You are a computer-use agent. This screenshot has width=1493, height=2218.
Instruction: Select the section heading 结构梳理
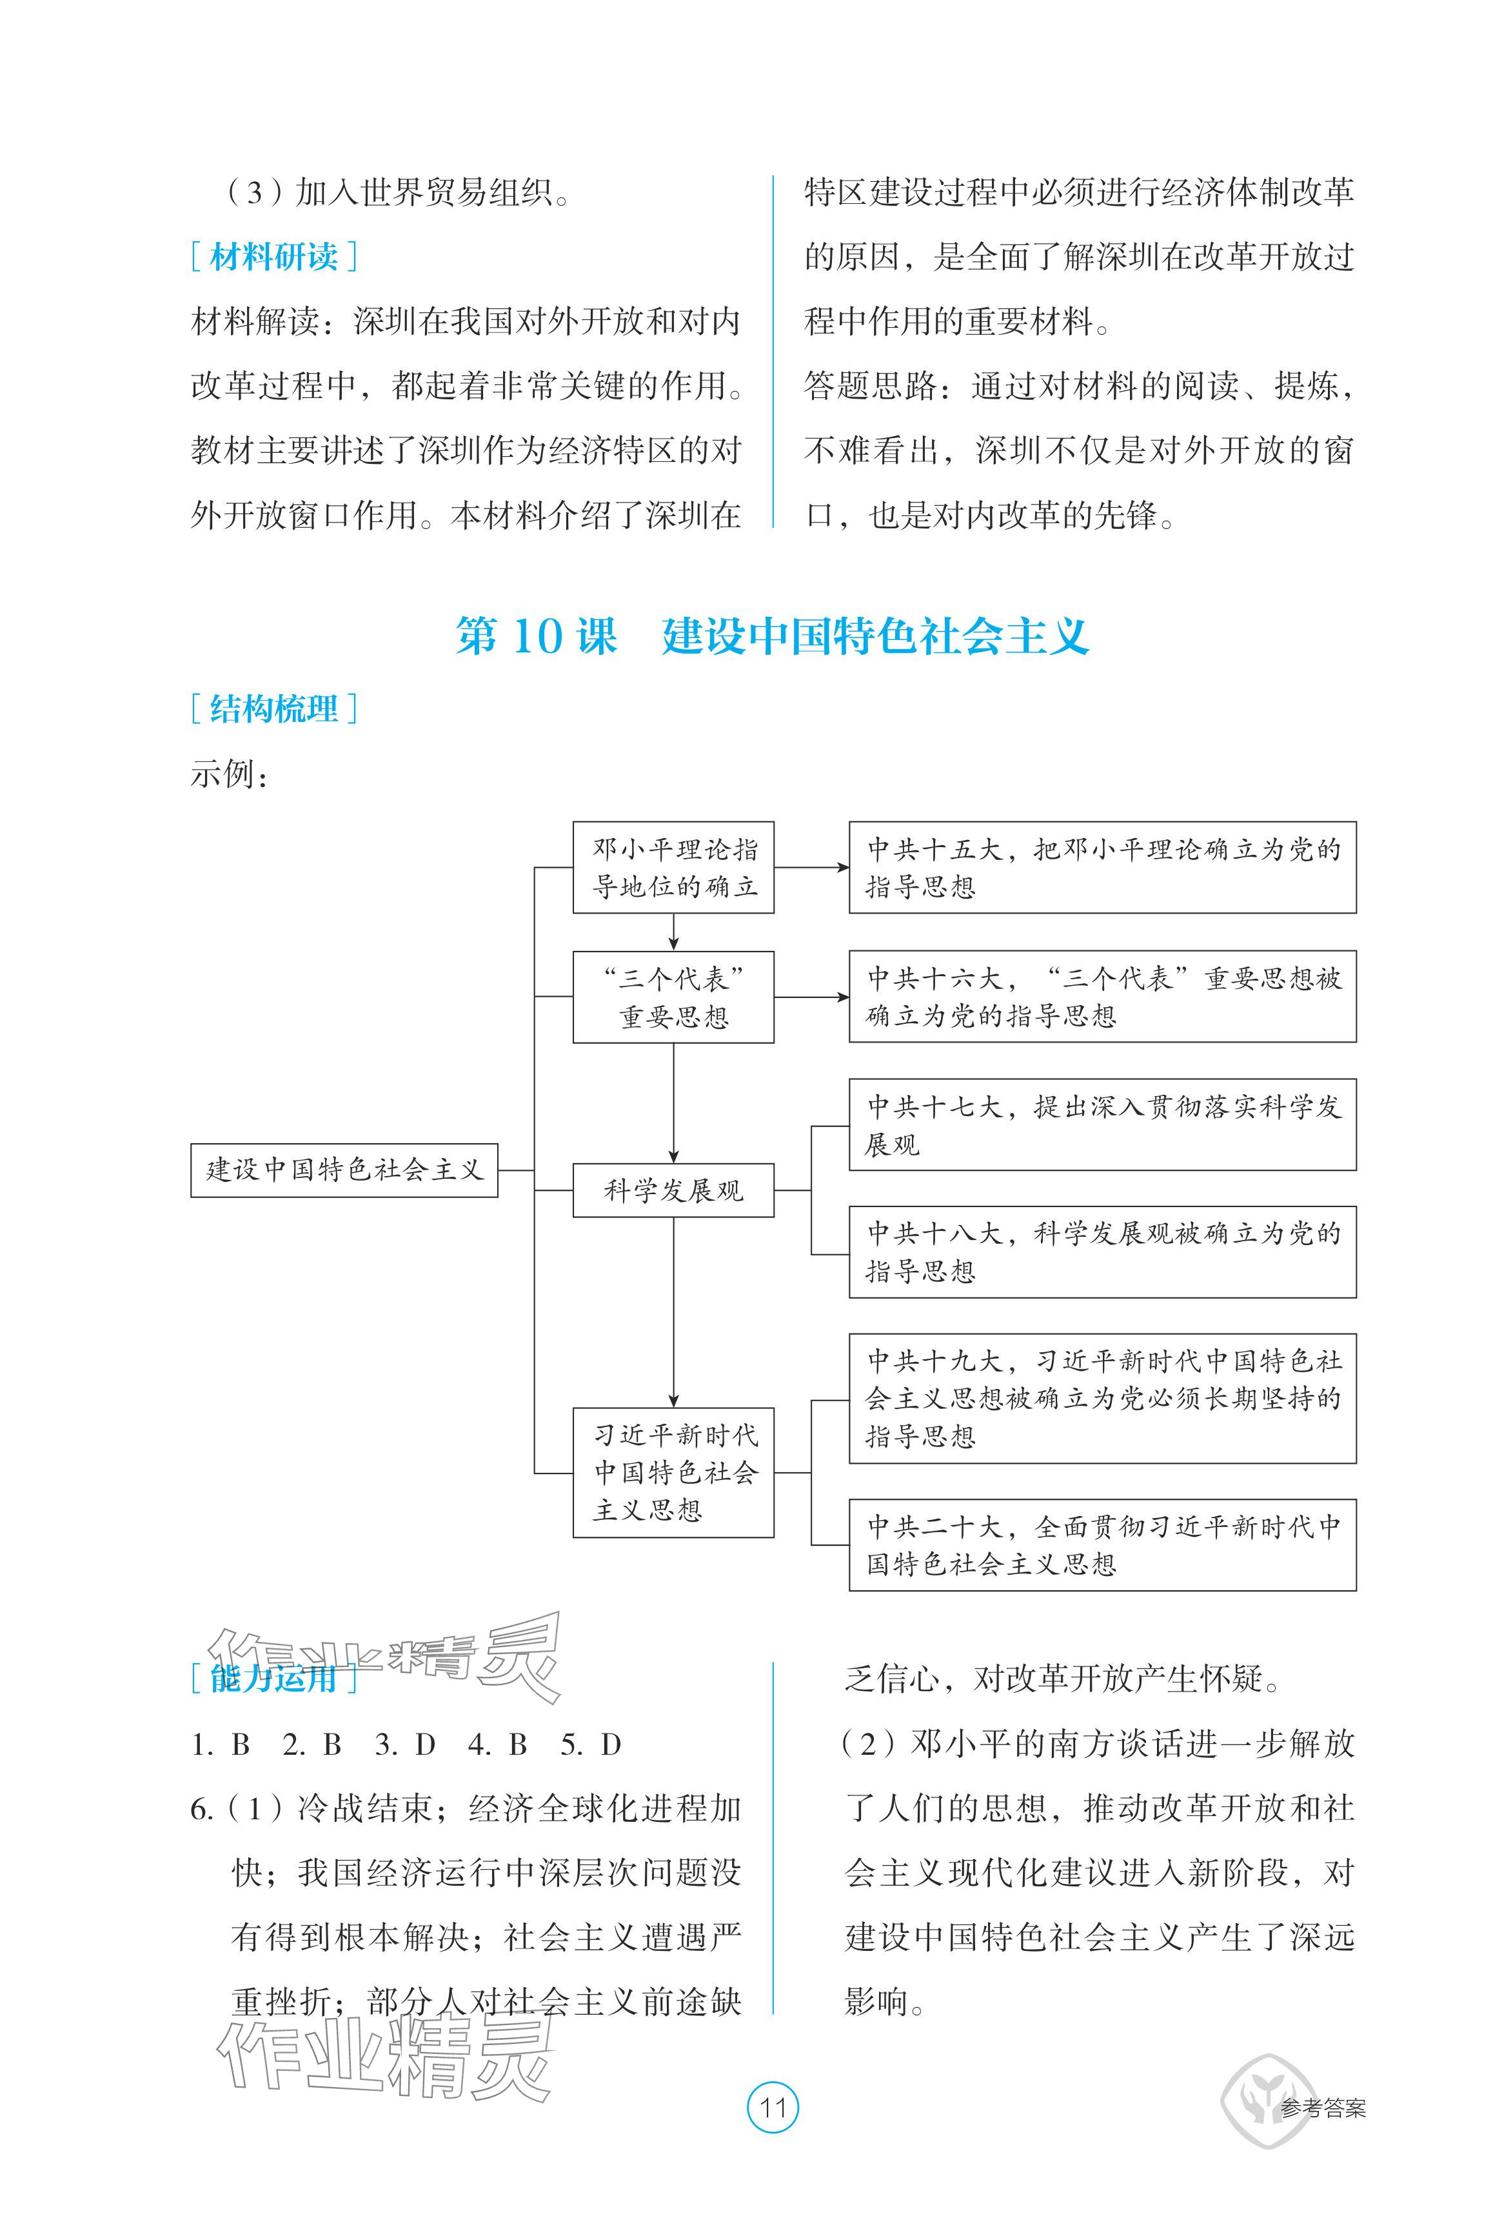[x=273, y=708]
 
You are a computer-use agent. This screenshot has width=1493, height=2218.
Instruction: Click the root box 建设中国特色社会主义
[x=344, y=1170]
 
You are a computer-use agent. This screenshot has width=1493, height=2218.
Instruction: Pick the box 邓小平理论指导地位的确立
[x=673, y=868]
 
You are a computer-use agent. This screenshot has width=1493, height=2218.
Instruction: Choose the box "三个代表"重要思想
[x=673, y=997]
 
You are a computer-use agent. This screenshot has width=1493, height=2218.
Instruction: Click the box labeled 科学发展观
[x=673, y=1190]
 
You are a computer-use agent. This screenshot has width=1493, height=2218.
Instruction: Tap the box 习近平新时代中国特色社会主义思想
[x=673, y=1472]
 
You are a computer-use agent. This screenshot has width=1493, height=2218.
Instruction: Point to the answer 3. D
[x=404, y=1744]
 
